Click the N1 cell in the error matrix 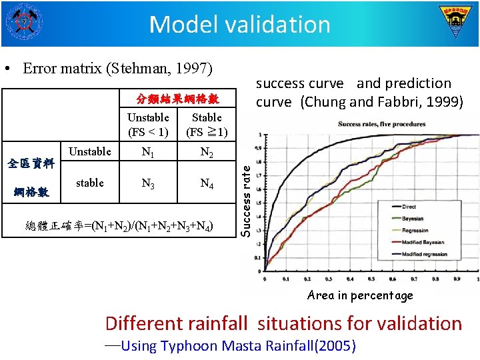pyautogui.click(x=148, y=153)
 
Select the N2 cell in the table pyautogui.click(x=207, y=153)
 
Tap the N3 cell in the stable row pyautogui.click(x=148, y=184)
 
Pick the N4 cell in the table pyautogui.click(x=207, y=184)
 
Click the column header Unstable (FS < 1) pyautogui.click(x=148, y=125)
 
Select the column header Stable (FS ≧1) pyautogui.click(x=207, y=125)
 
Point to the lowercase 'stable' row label pyautogui.click(x=90, y=183)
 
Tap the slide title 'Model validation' pyautogui.click(x=240, y=25)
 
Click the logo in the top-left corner pyautogui.click(x=23, y=22)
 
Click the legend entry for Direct pyautogui.click(x=409, y=207)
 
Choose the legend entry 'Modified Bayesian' pyautogui.click(x=423, y=243)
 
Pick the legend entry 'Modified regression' pyautogui.click(x=425, y=255)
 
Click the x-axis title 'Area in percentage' pyautogui.click(x=360, y=295)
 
